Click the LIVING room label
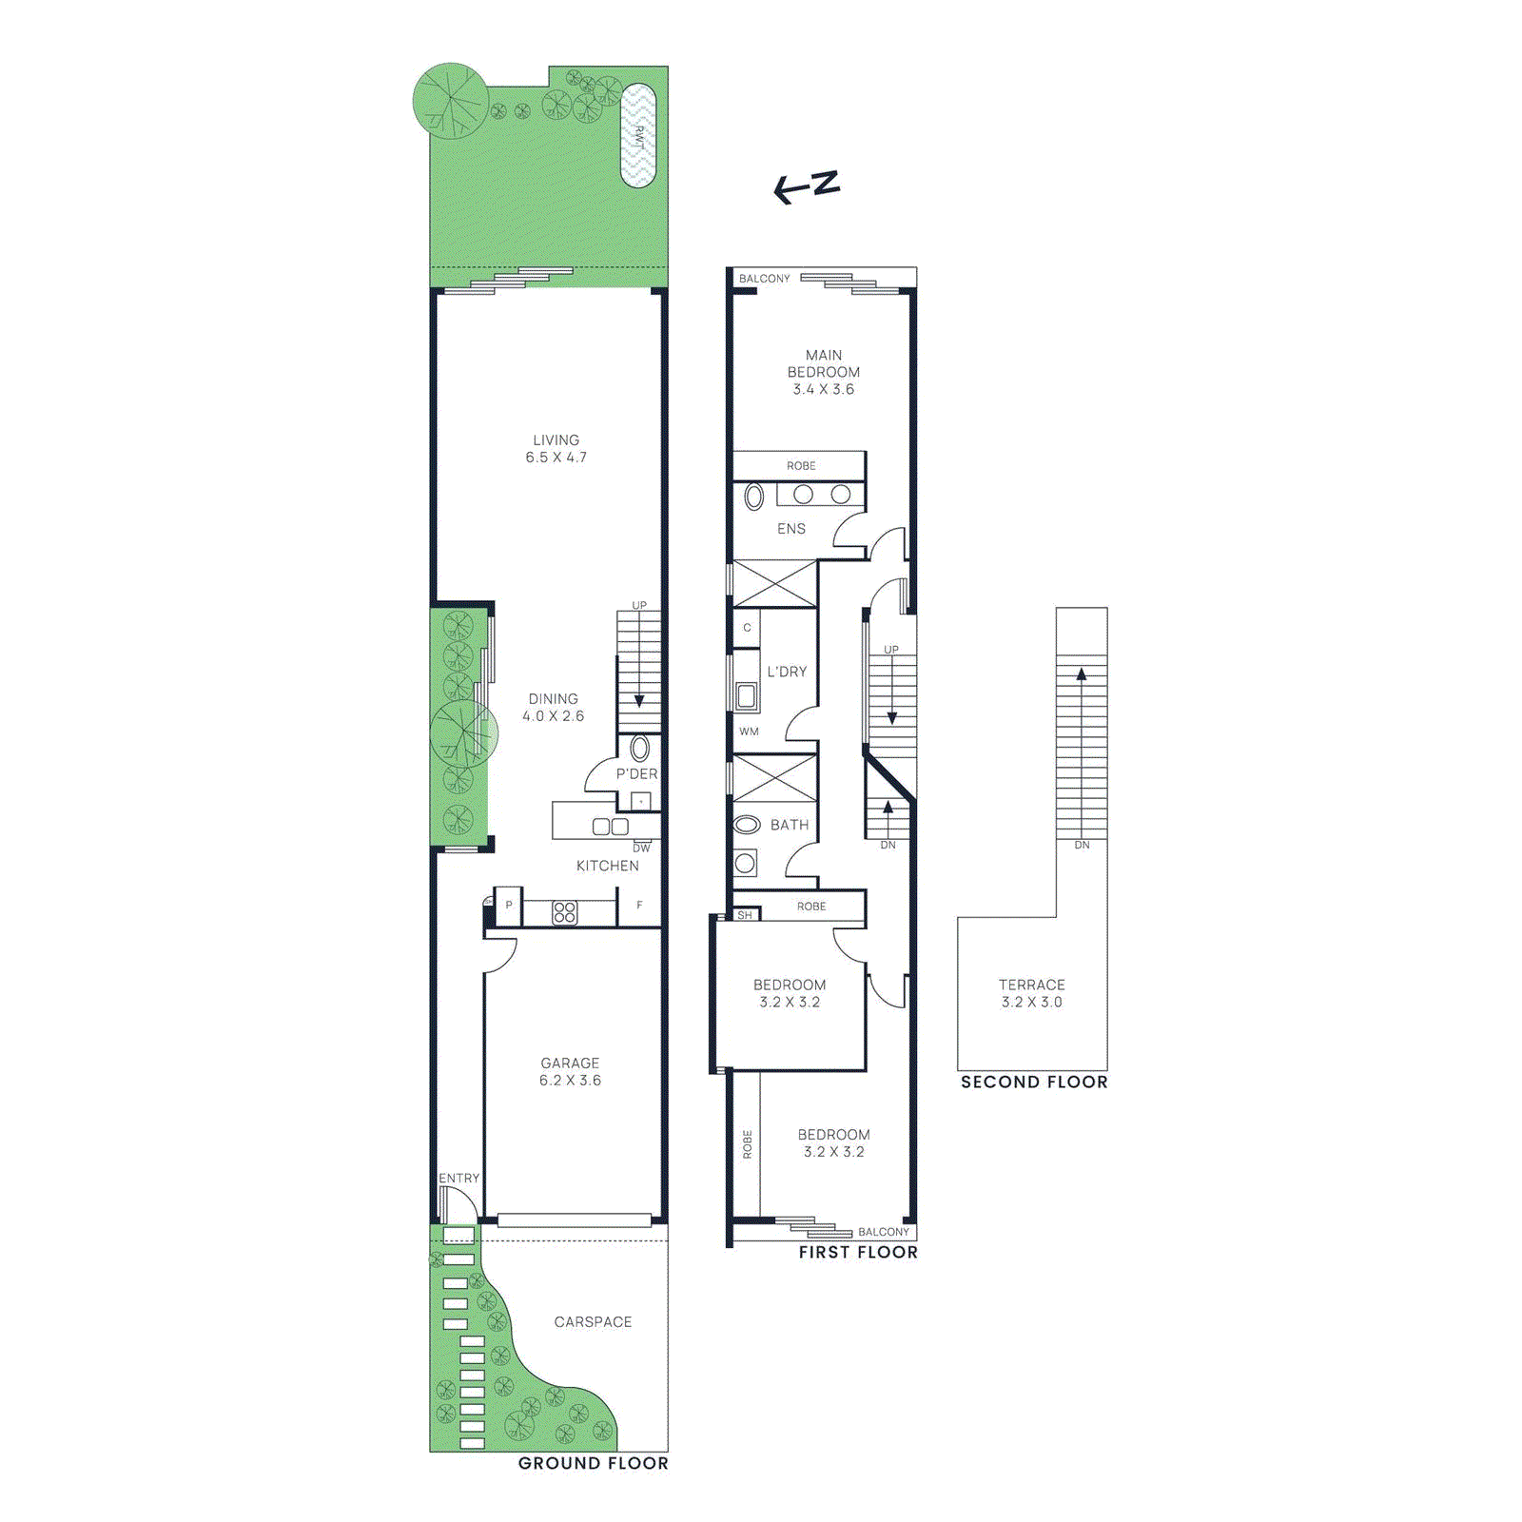point(556,440)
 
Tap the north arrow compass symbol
point(807,186)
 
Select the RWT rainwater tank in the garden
point(638,136)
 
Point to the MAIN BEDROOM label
point(824,363)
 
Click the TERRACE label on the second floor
point(1032,985)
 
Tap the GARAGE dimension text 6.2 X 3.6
point(570,1081)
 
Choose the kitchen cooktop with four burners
point(565,913)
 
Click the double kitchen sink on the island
point(610,827)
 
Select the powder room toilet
point(640,748)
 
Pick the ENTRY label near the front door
point(459,1178)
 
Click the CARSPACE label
point(593,1322)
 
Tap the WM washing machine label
point(749,732)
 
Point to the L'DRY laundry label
point(787,672)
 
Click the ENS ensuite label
point(791,529)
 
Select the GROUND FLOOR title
point(593,1463)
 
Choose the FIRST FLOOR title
point(858,1253)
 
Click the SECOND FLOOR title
point(1034,1082)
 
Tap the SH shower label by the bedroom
point(745,915)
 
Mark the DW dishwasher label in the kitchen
point(642,848)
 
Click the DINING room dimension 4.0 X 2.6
point(553,716)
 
